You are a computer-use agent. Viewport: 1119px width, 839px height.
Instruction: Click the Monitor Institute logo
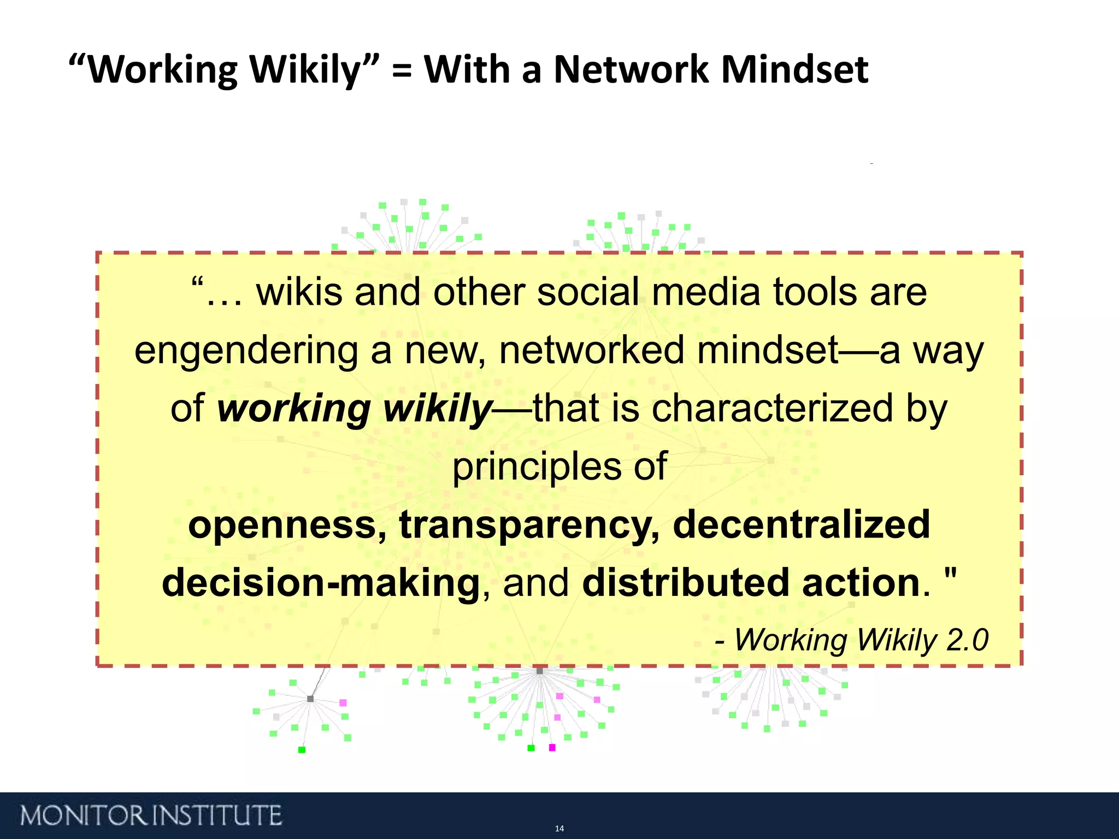coord(151,816)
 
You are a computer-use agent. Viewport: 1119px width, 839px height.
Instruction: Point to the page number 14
coord(559,829)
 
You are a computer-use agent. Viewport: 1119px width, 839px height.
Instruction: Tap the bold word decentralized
coord(801,524)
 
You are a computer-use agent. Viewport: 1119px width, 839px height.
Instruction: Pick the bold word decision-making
coord(321,583)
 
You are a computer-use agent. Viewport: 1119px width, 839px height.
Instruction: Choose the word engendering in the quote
coord(246,351)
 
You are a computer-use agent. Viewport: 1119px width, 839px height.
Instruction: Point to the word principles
coord(537,468)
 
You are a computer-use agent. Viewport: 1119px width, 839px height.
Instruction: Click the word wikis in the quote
coord(299,292)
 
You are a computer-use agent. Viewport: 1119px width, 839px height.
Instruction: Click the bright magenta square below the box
coord(552,747)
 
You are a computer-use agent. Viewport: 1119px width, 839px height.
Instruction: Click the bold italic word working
coord(294,409)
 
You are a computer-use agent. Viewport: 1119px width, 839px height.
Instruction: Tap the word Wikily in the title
coord(305,70)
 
